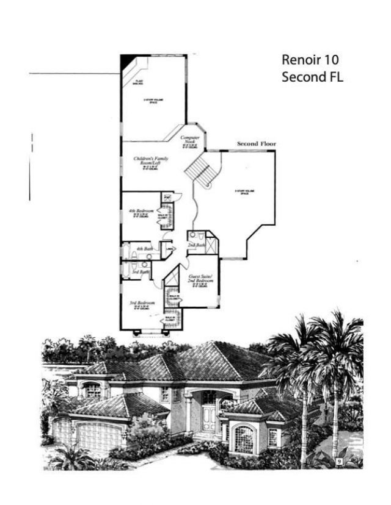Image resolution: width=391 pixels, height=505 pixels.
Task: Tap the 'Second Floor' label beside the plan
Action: coord(256,144)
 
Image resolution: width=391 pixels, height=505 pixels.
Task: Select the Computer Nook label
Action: coord(190,140)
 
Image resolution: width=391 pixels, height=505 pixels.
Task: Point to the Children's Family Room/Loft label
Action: coord(150,161)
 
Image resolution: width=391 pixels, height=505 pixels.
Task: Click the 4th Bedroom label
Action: coord(141,212)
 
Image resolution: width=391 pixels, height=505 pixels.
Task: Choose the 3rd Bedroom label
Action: coord(141,303)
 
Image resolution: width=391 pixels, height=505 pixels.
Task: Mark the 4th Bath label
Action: coord(144,249)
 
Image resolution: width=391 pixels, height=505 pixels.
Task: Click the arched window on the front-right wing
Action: coord(244,439)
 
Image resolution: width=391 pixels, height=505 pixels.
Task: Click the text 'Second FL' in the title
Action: coord(312,77)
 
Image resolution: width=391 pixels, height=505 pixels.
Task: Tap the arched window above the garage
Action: coord(92,390)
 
